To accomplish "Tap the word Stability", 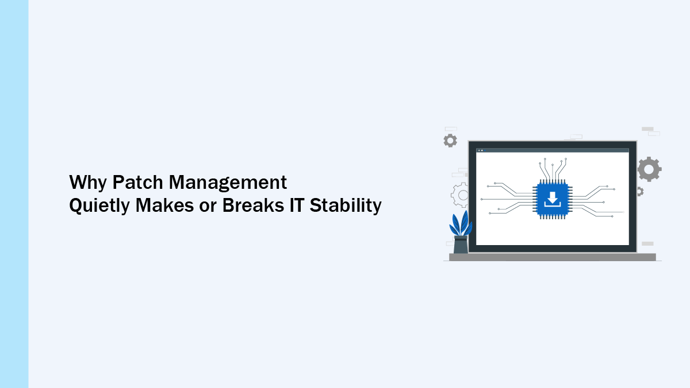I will coord(346,206).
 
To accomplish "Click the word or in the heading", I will coord(209,206).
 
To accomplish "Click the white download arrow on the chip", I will coord(552,199).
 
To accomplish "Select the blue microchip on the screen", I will coord(552,199).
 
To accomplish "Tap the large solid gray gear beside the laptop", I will coord(649,169).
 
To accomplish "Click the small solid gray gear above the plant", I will coord(450,141).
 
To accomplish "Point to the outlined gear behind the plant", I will coord(461,195).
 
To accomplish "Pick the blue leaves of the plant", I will coord(461,223).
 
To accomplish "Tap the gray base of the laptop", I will coord(552,257).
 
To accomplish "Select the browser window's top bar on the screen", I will coord(552,150).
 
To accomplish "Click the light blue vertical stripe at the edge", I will coord(14,194).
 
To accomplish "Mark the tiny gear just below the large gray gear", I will coord(639,192).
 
